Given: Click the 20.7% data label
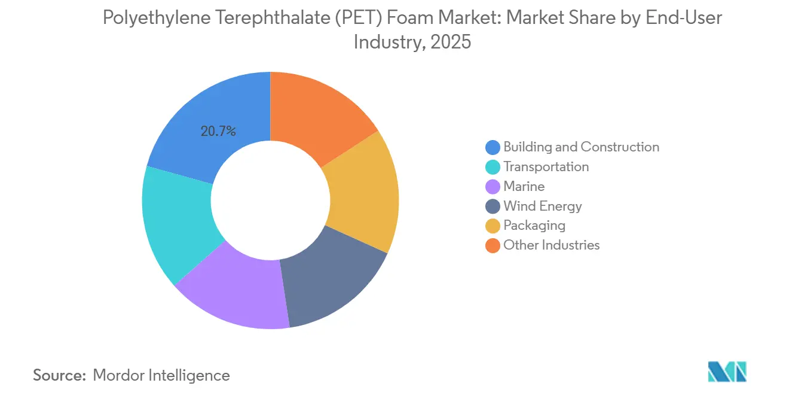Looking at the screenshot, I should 218,131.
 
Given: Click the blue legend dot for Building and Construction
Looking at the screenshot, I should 493,147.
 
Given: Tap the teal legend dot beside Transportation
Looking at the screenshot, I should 493,167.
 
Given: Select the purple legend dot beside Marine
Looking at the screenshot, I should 493,187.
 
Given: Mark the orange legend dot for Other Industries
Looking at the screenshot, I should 493,245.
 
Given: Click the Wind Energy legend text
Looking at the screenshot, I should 542,206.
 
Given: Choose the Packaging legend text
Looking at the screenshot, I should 534,226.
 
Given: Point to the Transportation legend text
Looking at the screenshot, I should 546,167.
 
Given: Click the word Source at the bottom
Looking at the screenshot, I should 59,375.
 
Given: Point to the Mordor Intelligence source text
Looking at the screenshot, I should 161,375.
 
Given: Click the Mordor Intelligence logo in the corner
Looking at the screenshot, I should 727,372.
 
